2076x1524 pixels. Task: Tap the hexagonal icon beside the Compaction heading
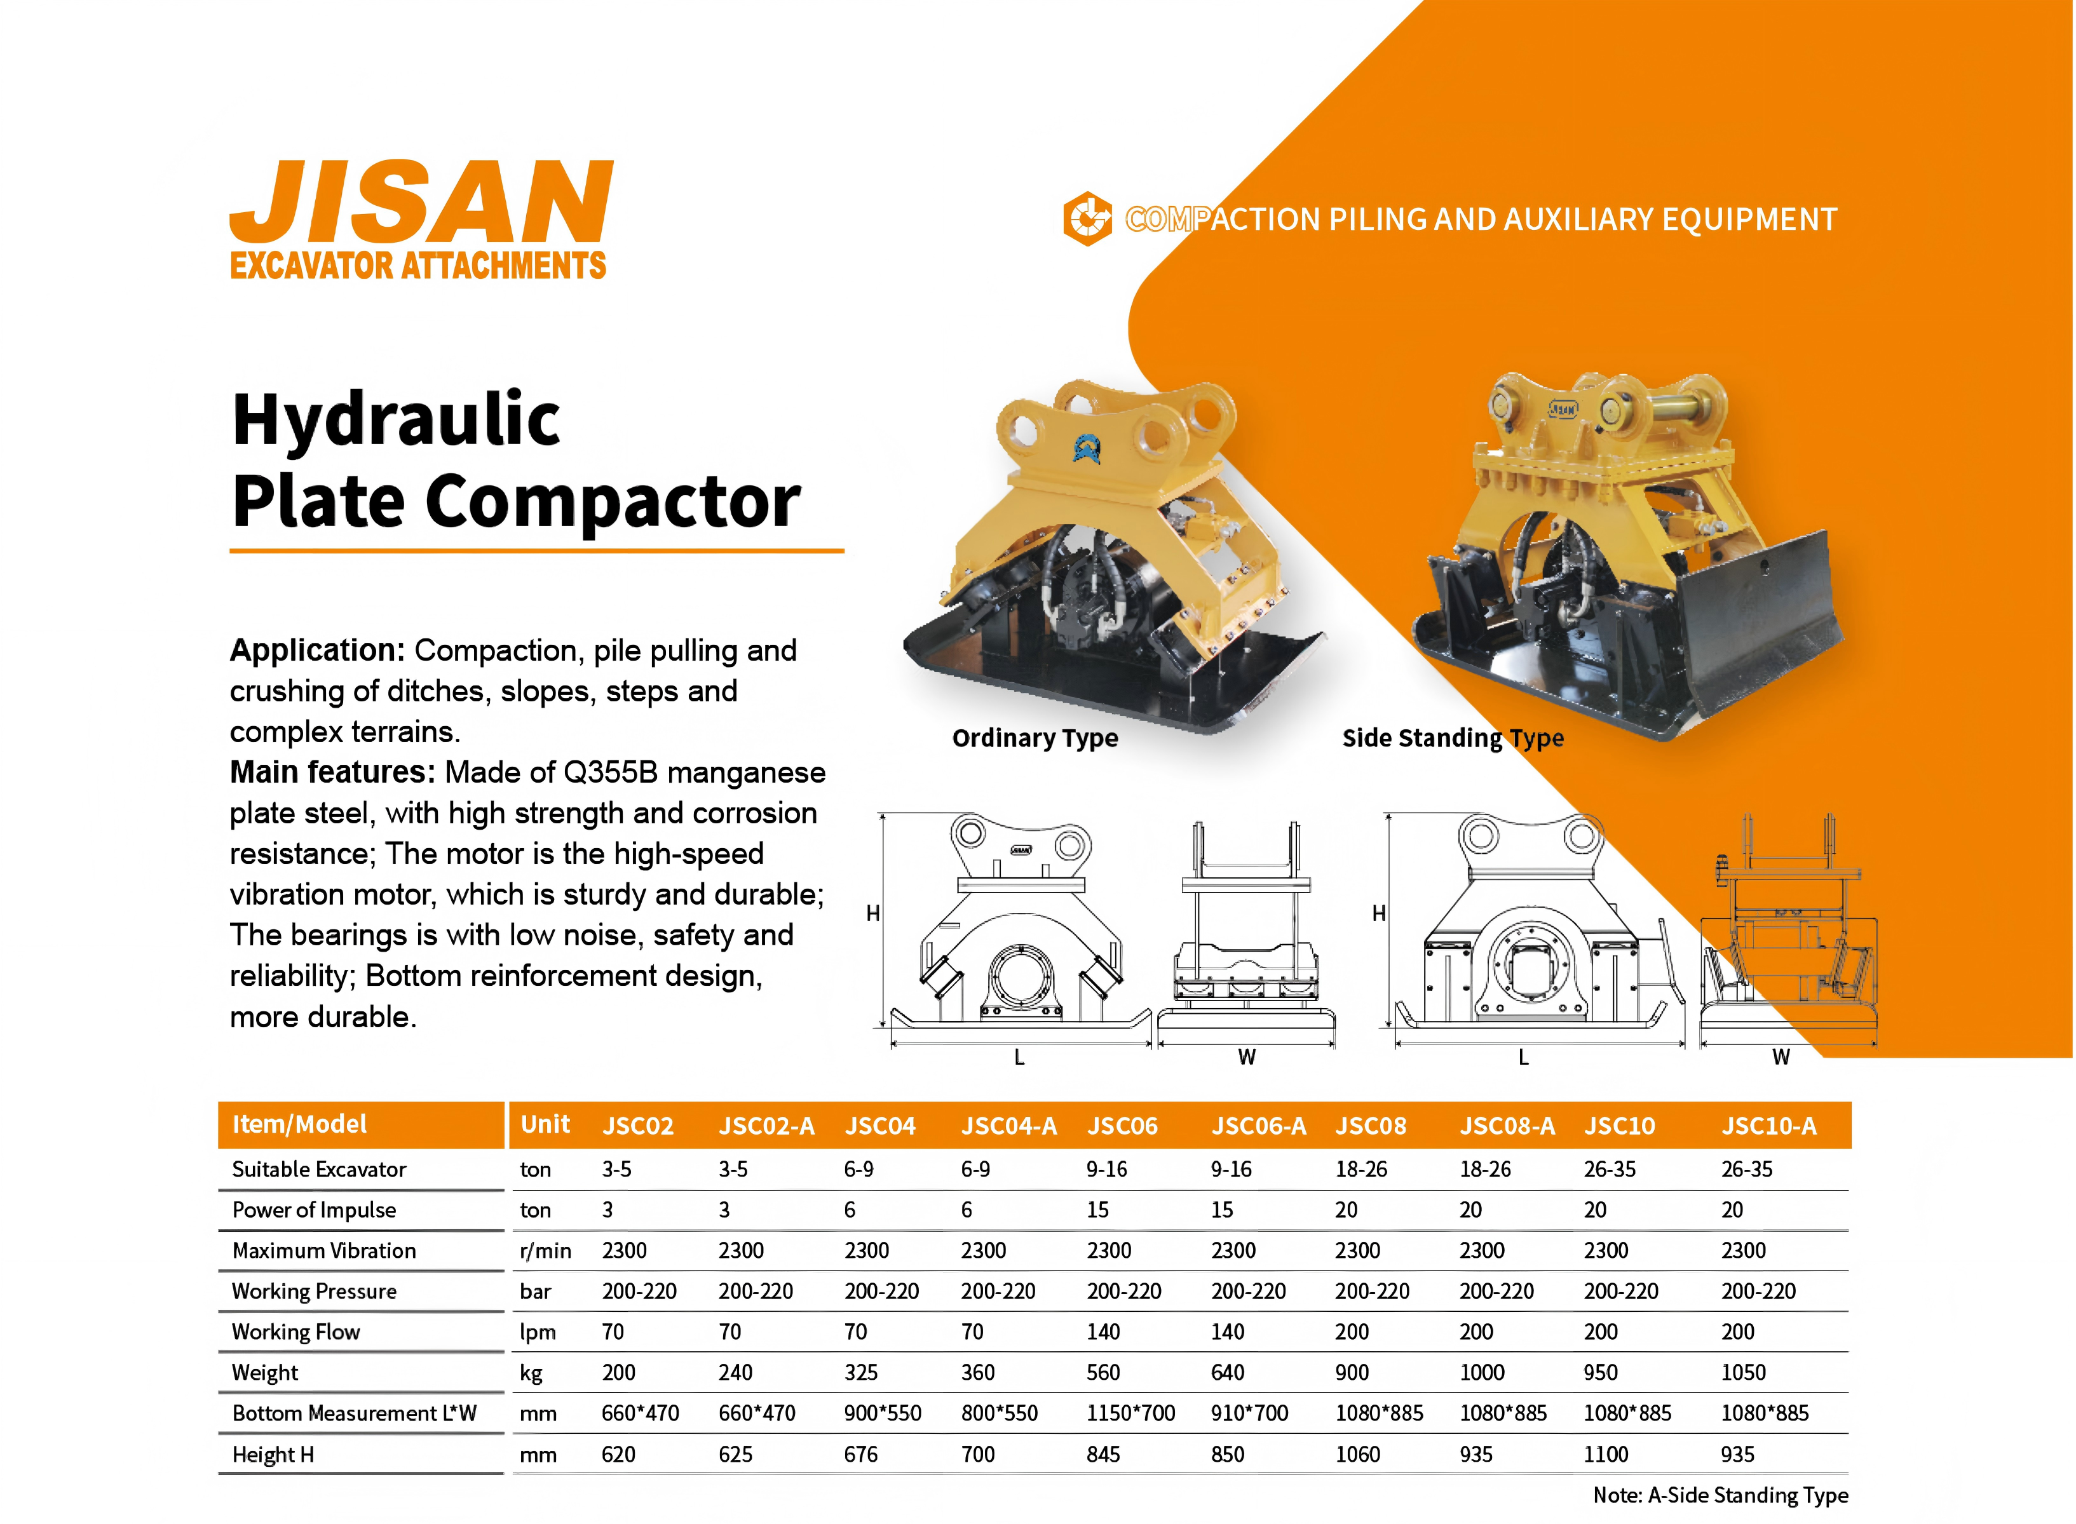1088,219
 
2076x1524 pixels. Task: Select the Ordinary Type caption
1035,738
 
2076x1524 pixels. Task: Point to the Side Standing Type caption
1453,738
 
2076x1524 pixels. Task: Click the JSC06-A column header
1259,1126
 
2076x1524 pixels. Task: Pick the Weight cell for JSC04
861,1373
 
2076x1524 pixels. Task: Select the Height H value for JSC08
1357,1455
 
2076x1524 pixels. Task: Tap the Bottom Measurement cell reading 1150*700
1130,1413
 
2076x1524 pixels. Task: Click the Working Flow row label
296,1332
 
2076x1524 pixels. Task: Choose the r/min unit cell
545,1251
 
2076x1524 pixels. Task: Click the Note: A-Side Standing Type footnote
1721,1495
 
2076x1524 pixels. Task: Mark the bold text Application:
317,651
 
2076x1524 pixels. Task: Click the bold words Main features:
332,772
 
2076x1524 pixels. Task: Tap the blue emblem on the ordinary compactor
1088,448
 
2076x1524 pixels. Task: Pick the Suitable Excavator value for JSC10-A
1747,1170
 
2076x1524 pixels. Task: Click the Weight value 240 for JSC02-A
735,1373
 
